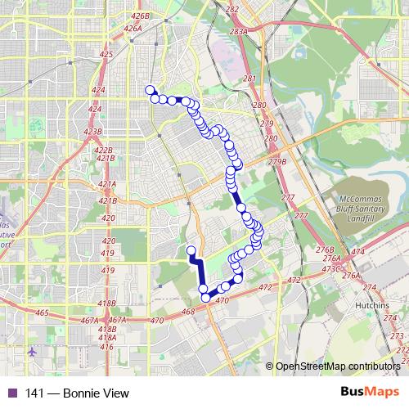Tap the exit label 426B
140,16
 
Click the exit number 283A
239,31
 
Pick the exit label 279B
279,162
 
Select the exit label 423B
92,131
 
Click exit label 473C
330,268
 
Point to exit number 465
43,313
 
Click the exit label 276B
325,249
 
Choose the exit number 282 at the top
232,9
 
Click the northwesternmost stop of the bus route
149,90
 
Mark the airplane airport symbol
32,352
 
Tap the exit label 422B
104,151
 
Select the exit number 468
187,311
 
